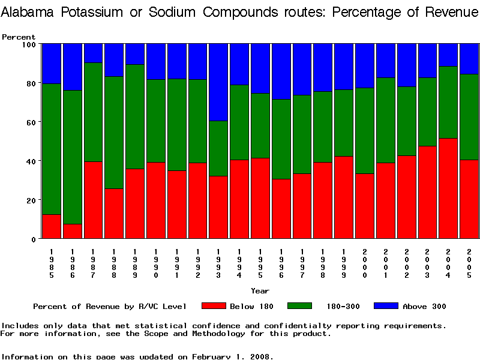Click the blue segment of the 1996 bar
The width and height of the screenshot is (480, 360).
click(x=281, y=71)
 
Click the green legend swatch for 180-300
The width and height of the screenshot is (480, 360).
click(x=304, y=306)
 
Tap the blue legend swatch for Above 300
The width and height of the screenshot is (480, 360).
click(x=386, y=306)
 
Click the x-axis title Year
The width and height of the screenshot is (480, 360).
click(x=260, y=291)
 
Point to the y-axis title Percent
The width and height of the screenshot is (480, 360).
click(x=19, y=37)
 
